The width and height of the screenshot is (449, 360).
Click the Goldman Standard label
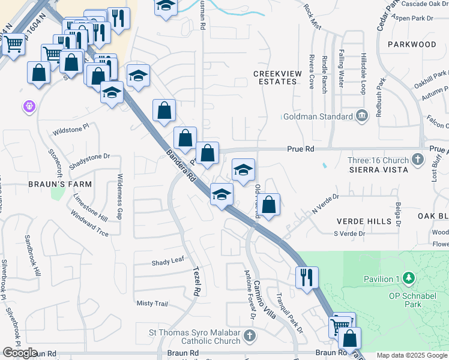point(318,116)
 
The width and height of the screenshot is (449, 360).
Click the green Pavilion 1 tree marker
point(409,278)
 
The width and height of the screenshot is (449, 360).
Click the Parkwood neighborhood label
point(412,44)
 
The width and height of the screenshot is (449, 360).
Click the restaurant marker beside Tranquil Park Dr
point(306,277)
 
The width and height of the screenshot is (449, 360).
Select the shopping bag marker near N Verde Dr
point(270,204)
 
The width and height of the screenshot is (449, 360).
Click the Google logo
point(20,353)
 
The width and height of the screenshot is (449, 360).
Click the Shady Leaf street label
point(167,262)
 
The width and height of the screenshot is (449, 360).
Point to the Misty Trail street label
point(152,304)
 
